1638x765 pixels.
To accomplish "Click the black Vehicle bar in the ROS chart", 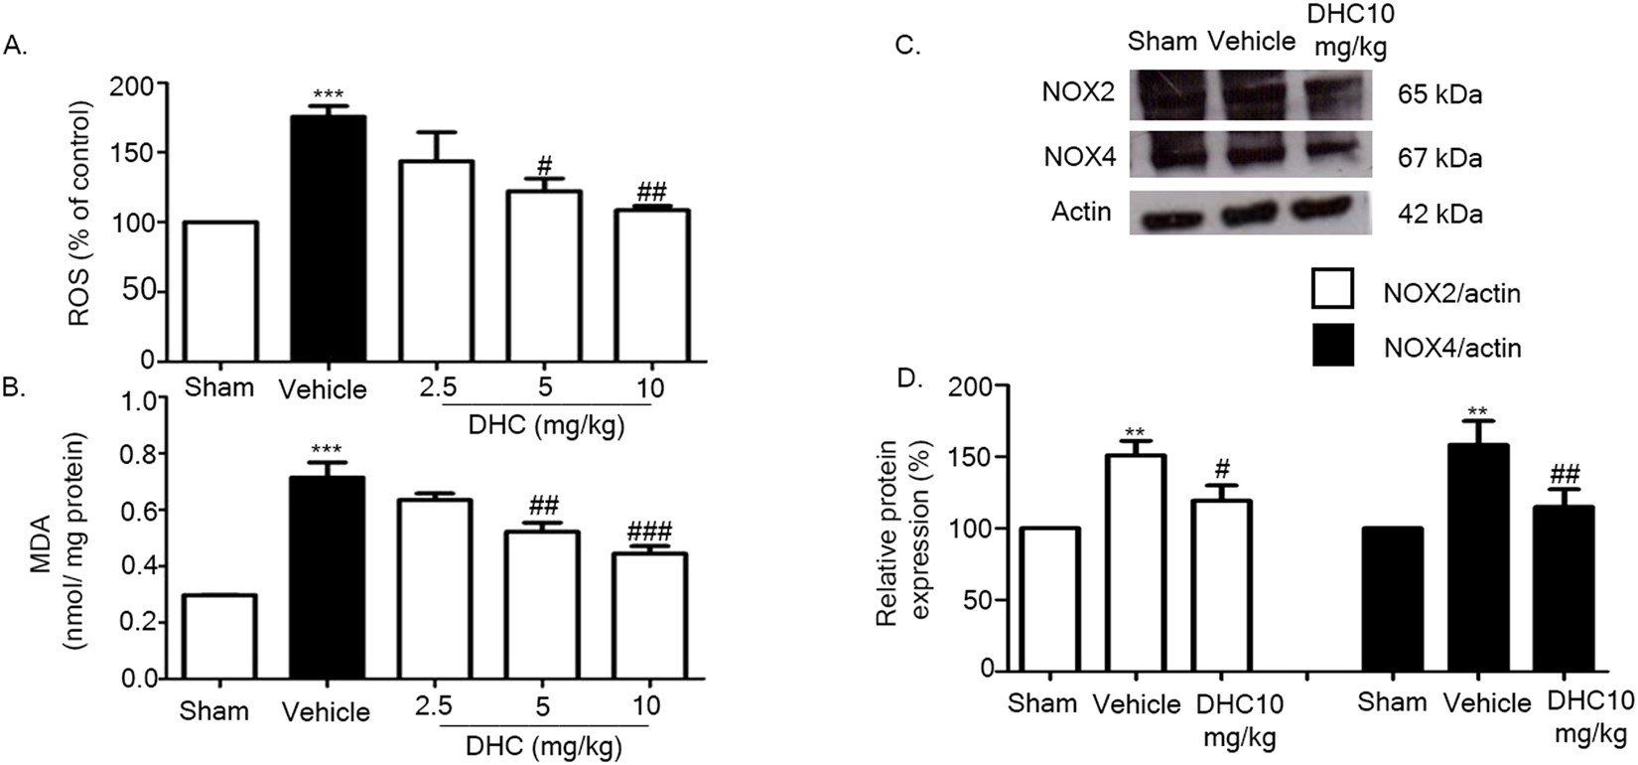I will click(x=329, y=238).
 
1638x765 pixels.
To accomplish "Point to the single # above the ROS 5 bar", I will click(x=543, y=167).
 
